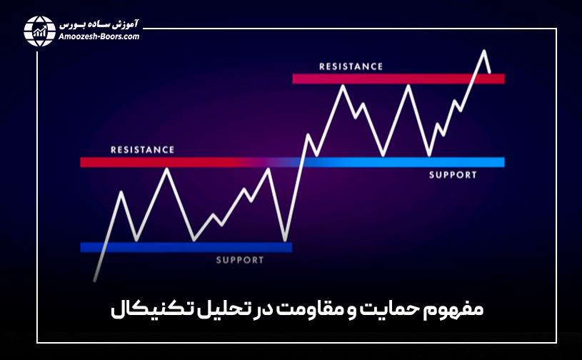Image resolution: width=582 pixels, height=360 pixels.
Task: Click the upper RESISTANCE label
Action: click(x=351, y=66)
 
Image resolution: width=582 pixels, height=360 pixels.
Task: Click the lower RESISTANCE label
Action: click(x=142, y=150)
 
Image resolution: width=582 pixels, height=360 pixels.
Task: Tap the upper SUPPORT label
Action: click(x=453, y=175)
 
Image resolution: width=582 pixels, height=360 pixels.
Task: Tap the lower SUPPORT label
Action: click(x=240, y=260)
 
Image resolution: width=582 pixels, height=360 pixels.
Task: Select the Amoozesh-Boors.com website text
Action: click(x=98, y=36)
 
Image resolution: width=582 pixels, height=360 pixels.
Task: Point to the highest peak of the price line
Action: click(x=484, y=51)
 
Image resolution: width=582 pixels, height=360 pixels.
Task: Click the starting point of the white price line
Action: click(x=94, y=279)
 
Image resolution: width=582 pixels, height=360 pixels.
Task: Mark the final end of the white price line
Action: click(x=490, y=72)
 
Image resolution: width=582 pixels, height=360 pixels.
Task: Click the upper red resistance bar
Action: click(x=398, y=79)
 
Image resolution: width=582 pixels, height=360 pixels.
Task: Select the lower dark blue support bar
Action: click(x=186, y=247)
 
